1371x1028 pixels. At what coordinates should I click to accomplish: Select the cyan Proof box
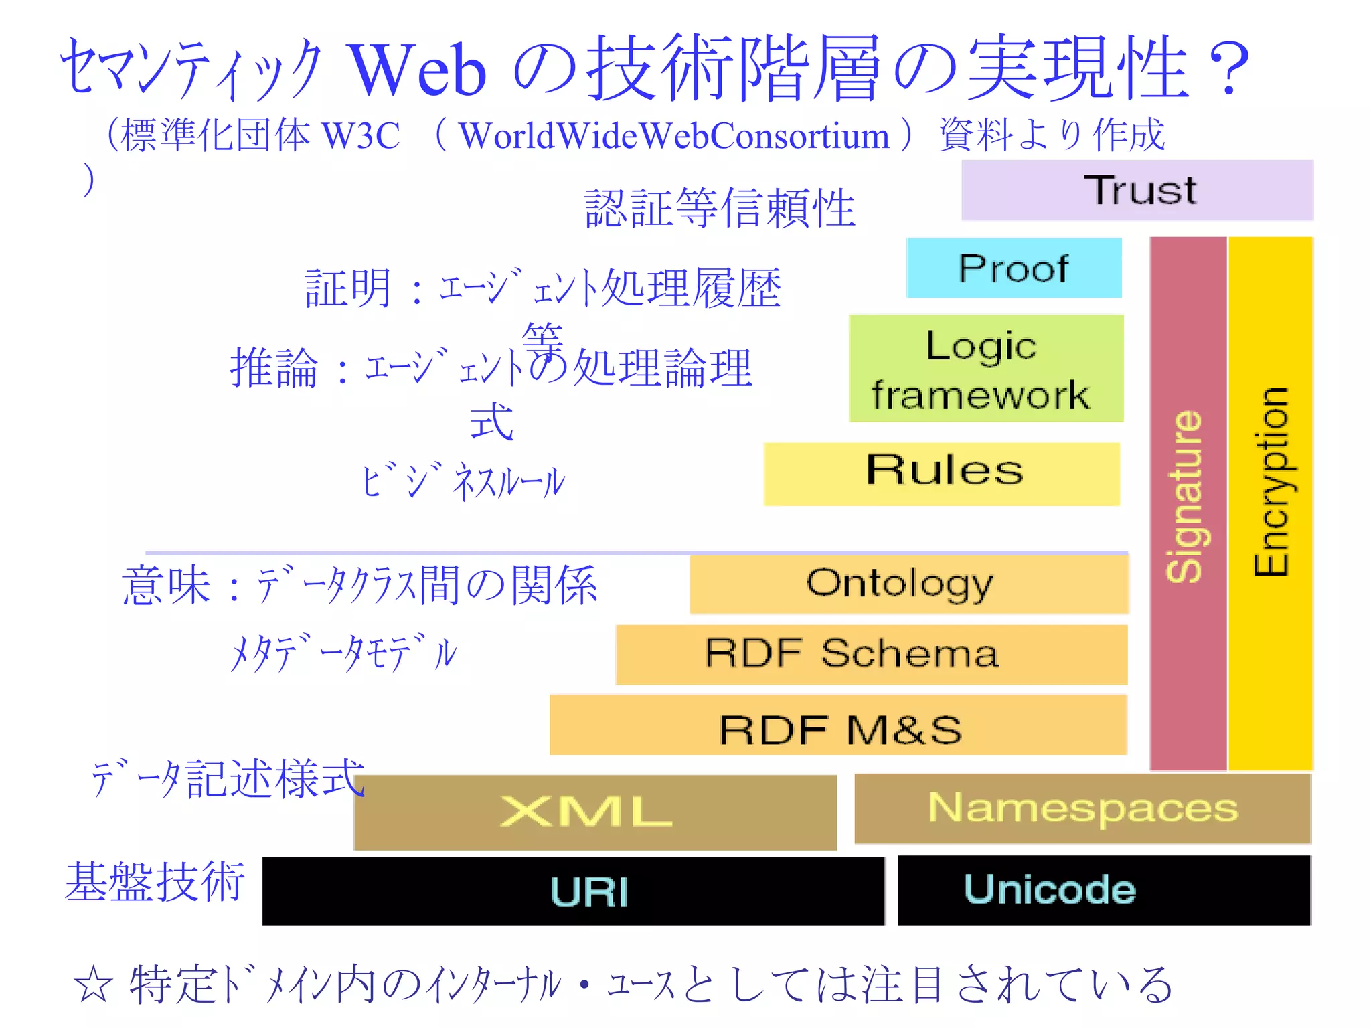tap(1014, 268)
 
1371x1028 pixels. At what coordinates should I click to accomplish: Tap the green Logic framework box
tap(985, 369)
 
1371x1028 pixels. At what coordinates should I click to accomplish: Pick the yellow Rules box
tap(942, 473)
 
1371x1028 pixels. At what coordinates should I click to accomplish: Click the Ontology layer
tap(908, 584)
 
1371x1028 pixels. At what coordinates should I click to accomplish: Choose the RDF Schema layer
tap(871, 655)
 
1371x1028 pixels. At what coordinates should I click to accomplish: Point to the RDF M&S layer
tap(838, 725)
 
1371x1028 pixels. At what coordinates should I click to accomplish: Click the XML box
tap(595, 812)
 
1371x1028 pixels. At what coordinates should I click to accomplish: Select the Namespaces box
tap(1082, 808)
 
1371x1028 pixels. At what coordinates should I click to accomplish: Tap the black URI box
tap(574, 891)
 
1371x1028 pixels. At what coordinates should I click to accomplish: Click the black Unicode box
tap(1103, 890)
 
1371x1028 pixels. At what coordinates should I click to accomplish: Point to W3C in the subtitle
tap(361, 136)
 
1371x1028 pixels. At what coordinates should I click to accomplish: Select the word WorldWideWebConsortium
tap(674, 136)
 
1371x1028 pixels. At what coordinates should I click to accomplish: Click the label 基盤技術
tap(155, 882)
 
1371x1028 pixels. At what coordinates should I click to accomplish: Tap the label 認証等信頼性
tap(720, 208)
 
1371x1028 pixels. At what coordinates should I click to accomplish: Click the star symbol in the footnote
tap(94, 985)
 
